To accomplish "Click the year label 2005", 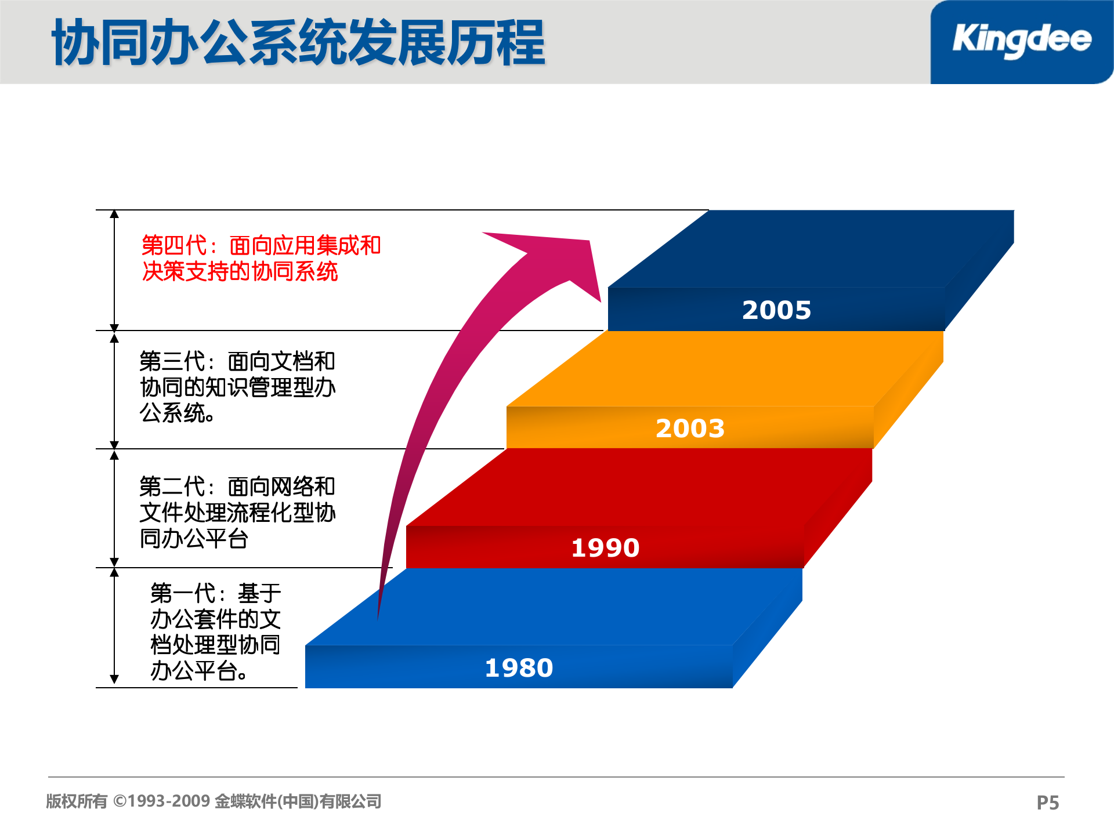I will pos(776,310).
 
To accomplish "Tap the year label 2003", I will pos(690,429).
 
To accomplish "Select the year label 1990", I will pos(605,548).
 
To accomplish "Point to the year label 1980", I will pos(519,668).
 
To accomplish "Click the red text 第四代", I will pos(174,245).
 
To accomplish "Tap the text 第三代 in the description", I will pos(172,361).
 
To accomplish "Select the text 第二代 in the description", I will pos(172,487).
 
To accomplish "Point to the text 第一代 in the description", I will pos(183,593).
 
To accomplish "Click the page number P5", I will pos(1047,803).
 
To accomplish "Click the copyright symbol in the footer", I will pos(120,801).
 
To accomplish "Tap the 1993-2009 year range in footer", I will pos(169,801).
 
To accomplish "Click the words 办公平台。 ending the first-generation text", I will pos(199,671).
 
